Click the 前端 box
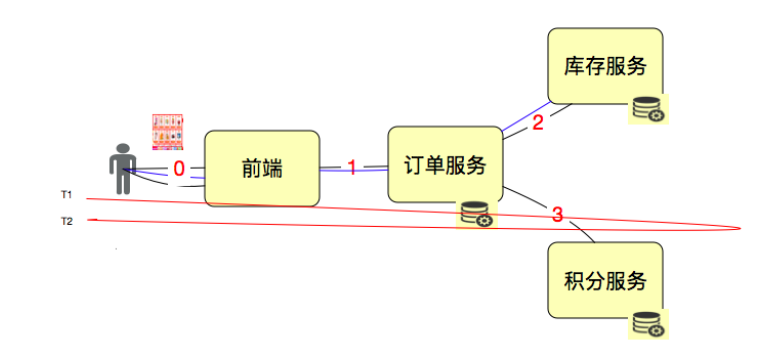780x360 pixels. coord(261,167)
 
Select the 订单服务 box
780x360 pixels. coord(444,164)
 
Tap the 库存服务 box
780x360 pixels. coord(604,67)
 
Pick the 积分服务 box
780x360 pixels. coord(604,280)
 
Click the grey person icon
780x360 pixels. coord(123,169)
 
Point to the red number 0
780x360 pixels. coord(179,169)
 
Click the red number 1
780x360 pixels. coord(351,168)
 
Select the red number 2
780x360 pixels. coord(537,123)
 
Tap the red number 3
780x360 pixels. coord(557,213)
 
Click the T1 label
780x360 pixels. coord(67,193)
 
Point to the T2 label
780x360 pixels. coord(67,221)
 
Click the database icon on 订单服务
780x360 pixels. coord(475,213)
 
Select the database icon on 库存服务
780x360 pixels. coord(647,108)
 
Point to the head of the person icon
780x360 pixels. coord(123,149)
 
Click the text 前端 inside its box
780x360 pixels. coord(261,168)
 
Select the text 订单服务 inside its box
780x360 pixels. coord(444,165)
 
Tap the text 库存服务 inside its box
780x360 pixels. coord(604,67)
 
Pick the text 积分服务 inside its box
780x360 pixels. coord(604,281)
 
